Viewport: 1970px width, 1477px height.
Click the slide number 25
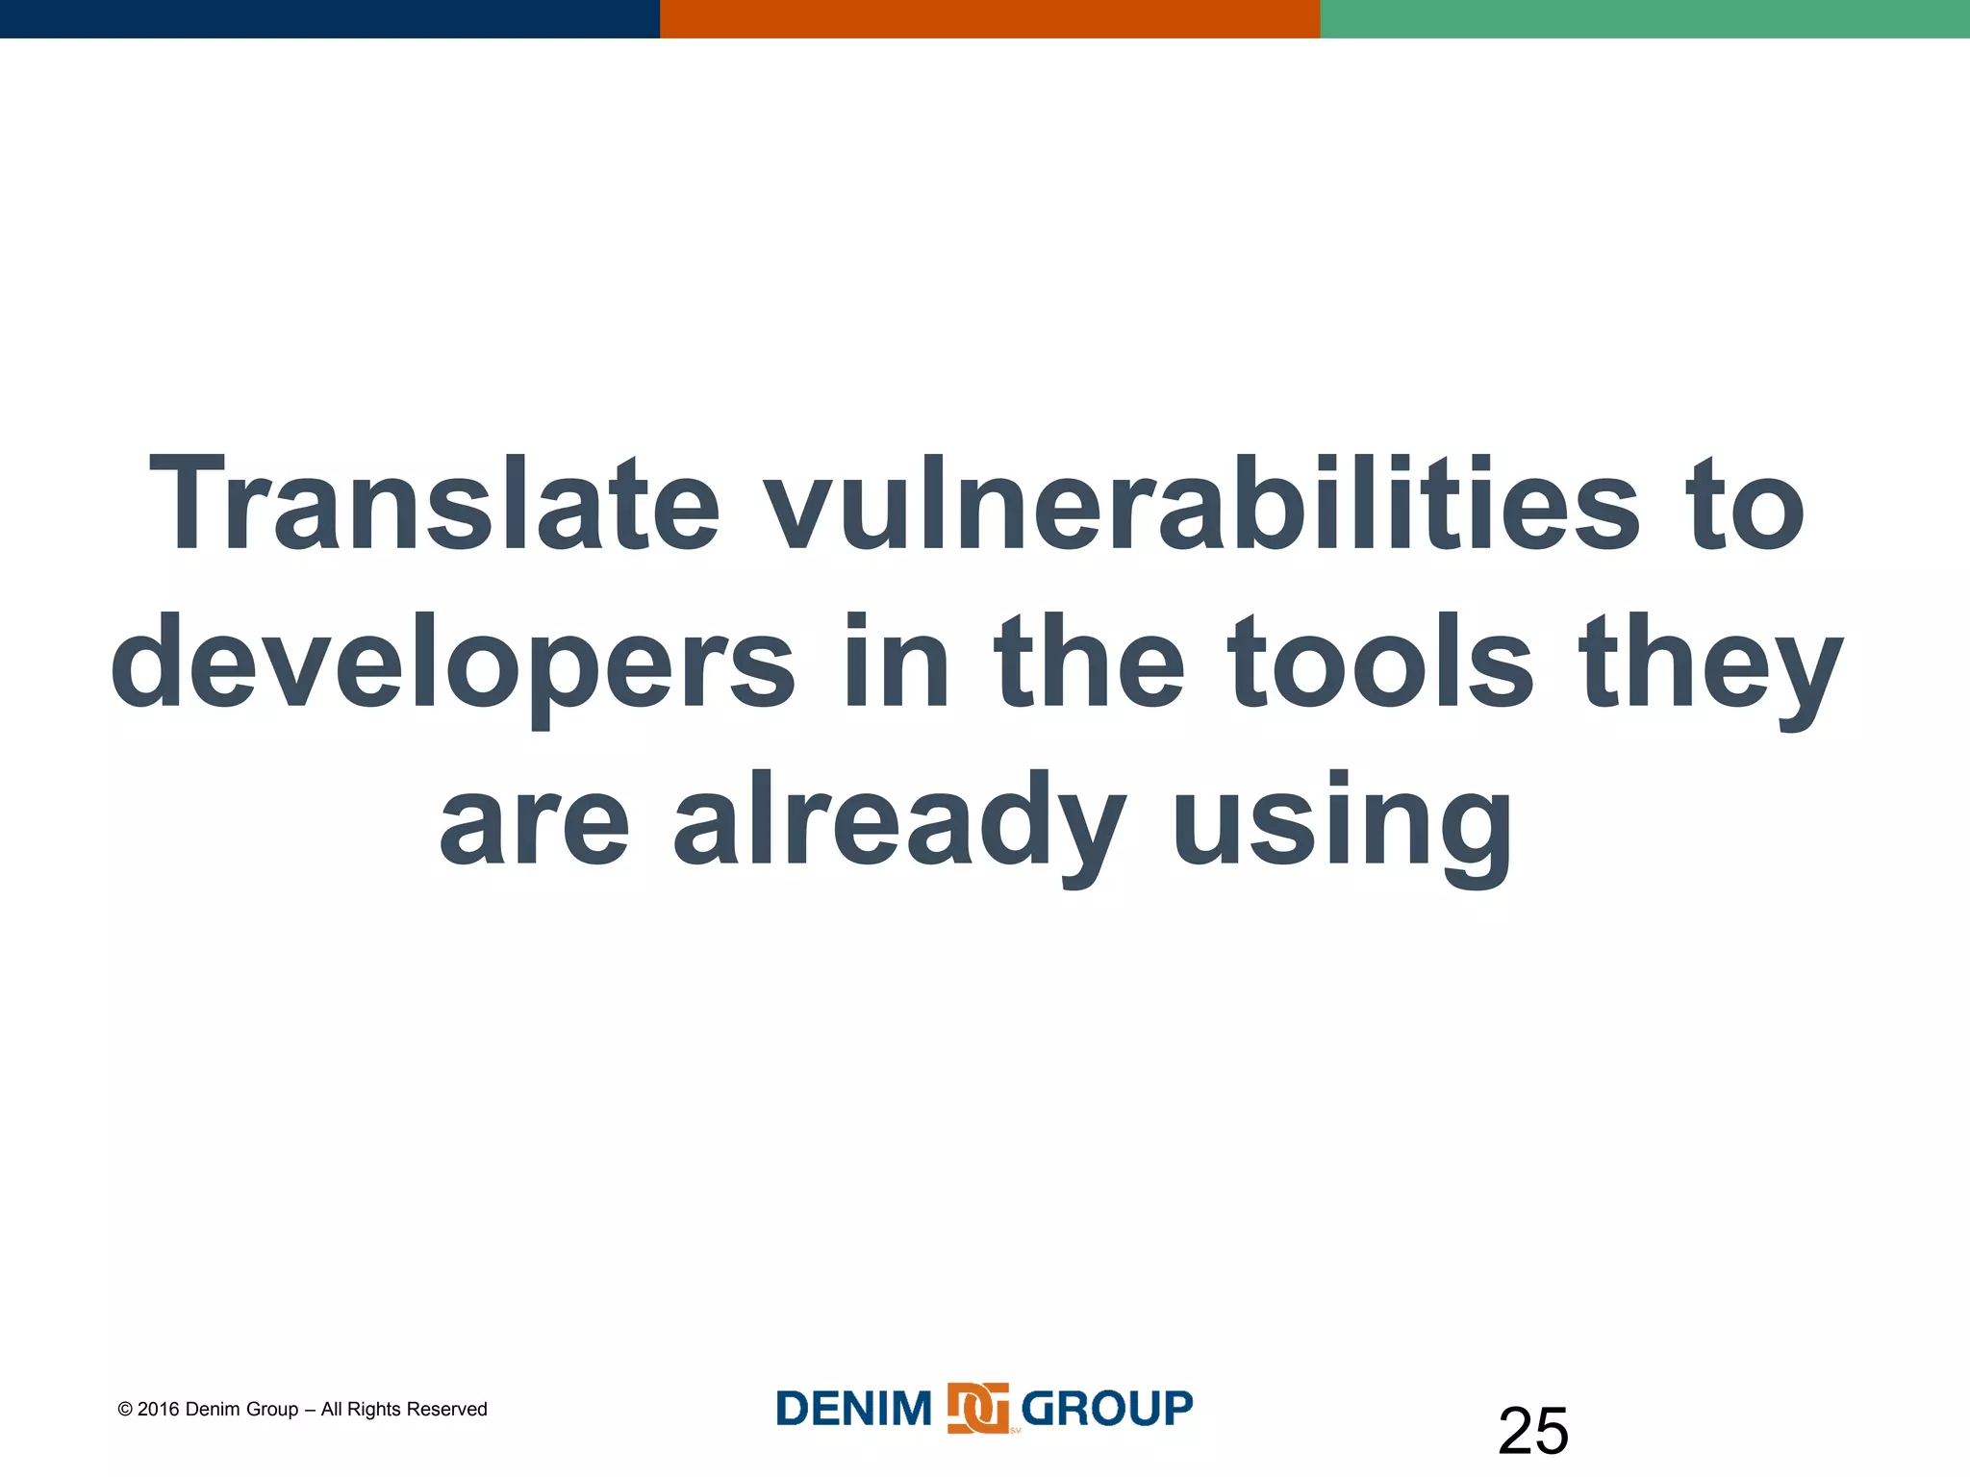1532,1431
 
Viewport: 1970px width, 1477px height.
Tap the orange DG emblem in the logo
977,1409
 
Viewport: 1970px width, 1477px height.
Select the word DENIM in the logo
854,1409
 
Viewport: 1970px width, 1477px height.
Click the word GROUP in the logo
1106,1409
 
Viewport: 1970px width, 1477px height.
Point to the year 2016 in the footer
159,1409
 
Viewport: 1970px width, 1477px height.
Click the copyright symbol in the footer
125,1410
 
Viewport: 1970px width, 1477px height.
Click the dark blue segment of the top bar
329,18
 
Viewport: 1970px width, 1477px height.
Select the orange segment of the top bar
989,18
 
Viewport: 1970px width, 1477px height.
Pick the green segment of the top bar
1645,18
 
